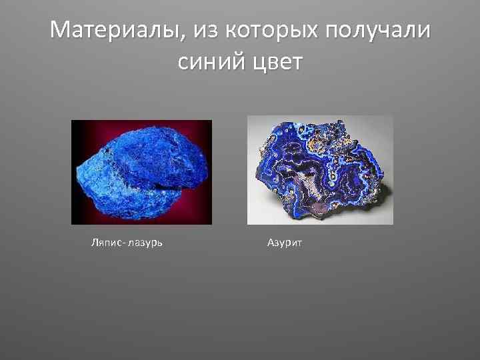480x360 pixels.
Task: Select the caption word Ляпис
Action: [104, 243]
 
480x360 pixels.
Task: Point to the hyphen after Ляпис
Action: [121, 243]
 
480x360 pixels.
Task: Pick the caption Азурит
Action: [285, 243]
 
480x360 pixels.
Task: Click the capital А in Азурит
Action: [271, 242]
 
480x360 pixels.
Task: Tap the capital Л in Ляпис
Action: [93, 242]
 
